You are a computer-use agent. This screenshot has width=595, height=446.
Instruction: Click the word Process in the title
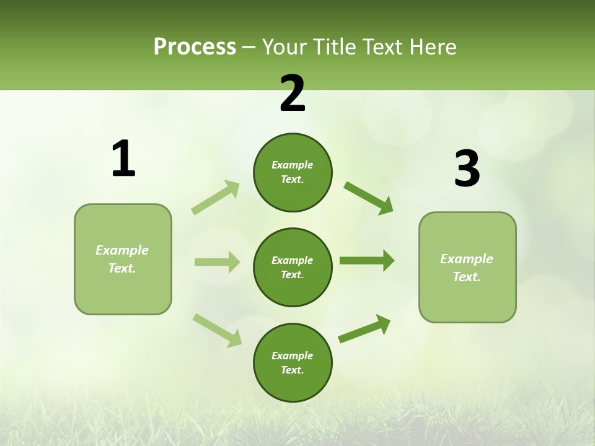195,47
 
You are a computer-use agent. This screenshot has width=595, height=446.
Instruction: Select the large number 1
123,159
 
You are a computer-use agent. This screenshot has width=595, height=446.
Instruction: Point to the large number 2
293,94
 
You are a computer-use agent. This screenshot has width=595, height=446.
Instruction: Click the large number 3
467,169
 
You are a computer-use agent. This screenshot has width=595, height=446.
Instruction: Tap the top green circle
293,172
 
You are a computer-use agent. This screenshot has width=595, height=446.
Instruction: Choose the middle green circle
293,267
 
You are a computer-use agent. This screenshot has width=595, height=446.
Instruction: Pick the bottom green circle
293,362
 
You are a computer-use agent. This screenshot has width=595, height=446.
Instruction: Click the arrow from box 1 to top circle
216,197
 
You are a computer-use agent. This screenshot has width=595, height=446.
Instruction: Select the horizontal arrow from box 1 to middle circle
217,262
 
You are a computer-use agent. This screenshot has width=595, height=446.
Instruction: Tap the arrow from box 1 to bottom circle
217,330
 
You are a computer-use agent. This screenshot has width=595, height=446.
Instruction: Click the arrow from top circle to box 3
368,198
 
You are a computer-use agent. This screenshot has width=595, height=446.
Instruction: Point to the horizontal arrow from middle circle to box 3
367,260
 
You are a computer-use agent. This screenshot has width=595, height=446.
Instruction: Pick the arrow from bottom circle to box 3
364,329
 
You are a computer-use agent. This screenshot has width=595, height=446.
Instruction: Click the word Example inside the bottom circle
292,356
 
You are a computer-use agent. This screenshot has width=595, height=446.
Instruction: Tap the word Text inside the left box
121,268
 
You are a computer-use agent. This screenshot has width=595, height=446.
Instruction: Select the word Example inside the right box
467,259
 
